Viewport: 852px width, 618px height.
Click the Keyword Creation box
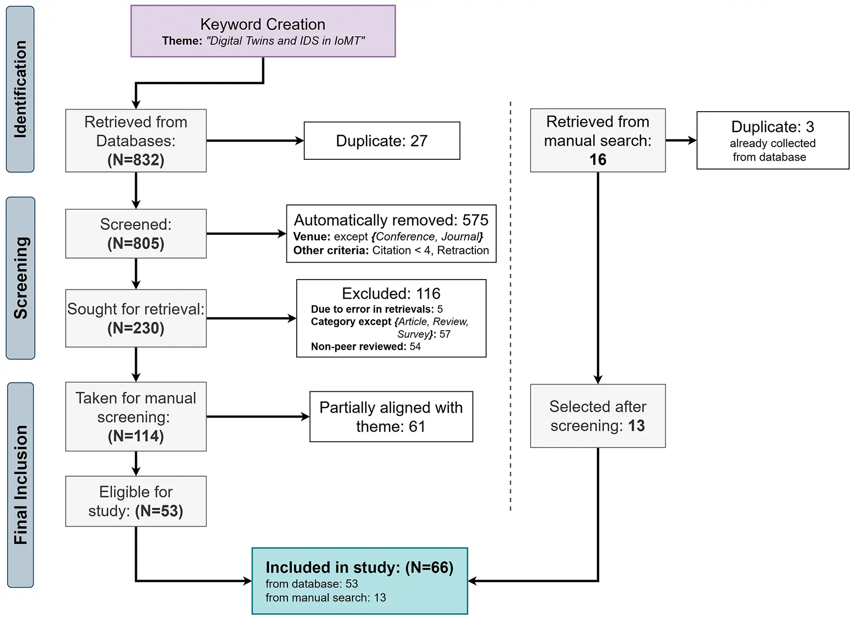263,31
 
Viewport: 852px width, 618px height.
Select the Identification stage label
20,89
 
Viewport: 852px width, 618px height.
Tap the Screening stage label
20,278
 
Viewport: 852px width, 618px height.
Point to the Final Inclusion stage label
20,484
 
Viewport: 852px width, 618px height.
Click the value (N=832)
136,160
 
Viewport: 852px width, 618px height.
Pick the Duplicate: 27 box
382,141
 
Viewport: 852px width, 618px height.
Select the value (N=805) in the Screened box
136,243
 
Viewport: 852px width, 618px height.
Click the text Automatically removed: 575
391,220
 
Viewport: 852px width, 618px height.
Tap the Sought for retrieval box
136,318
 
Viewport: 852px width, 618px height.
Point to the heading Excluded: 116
391,294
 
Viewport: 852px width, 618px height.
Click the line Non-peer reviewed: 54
366,347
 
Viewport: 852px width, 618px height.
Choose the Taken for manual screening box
136,417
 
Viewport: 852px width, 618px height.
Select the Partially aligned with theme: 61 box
391,417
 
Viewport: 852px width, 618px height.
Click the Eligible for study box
136,501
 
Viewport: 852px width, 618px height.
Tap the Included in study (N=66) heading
359,568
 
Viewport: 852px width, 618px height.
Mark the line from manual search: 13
325,598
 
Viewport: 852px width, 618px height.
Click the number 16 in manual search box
598,160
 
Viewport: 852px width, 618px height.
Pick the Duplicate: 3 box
772,140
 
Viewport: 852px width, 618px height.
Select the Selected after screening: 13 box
598,416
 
